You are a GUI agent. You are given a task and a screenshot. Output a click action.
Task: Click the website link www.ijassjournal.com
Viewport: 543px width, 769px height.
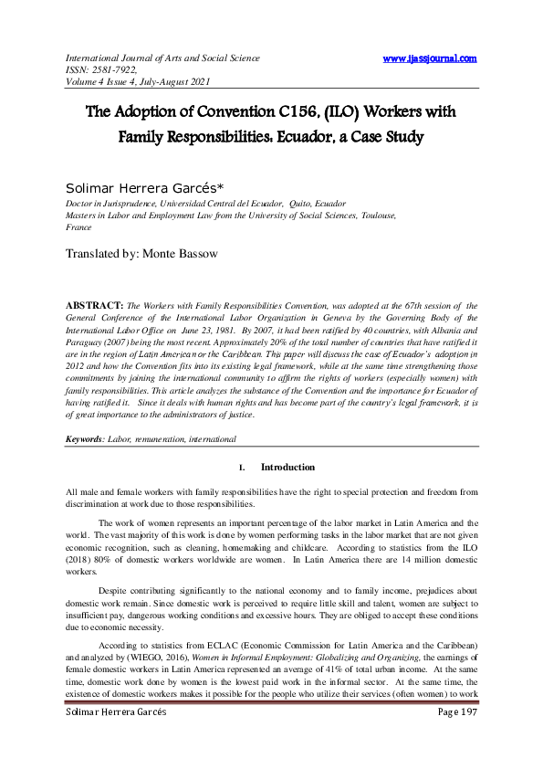(430, 58)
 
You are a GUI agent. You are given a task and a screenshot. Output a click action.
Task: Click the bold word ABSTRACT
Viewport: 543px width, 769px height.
(94, 301)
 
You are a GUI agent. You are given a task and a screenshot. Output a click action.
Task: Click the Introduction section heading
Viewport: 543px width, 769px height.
(287, 468)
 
